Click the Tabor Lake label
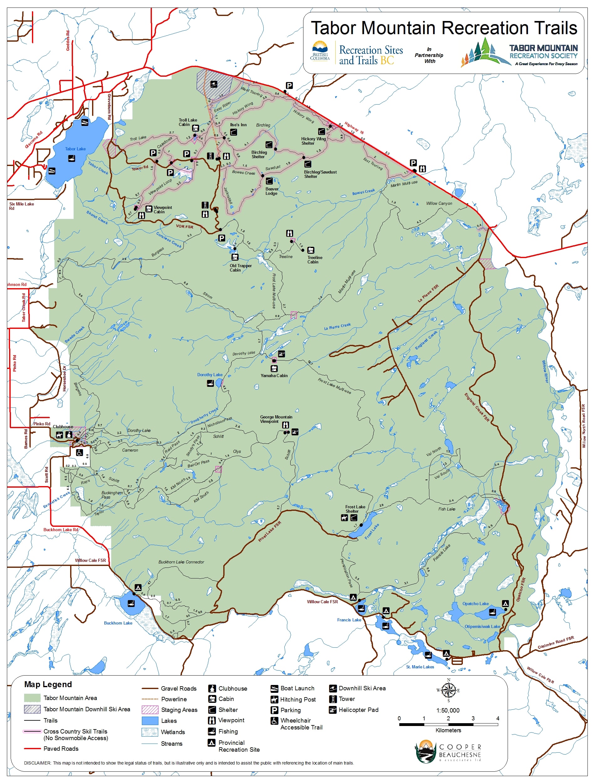tap(75, 149)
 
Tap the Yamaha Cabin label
tap(274, 376)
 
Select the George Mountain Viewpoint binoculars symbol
tap(286, 425)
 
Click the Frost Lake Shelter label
tap(355, 509)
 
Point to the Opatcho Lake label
tap(475, 604)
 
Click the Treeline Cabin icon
tap(311, 250)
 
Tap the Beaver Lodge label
tap(272, 191)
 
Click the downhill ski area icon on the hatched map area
tap(214, 84)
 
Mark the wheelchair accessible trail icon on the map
tap(79, 452)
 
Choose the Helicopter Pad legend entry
tap(358, 710)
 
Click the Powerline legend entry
tap(173, 699)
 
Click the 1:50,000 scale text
tap(448, 710)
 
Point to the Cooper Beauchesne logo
tap(448, 751)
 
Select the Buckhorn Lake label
tap(118, 623)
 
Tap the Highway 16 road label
tap(354, 128)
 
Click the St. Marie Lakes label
tap(420, 667)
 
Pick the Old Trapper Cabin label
tap(240, 268)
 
